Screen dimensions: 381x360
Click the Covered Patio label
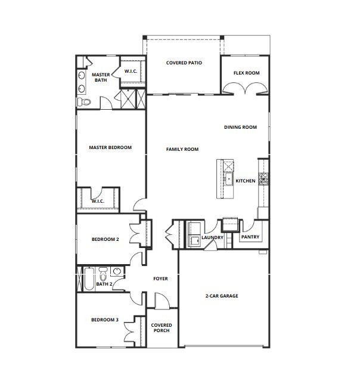184,63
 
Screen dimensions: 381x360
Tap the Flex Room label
246,73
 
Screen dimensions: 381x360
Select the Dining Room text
240,127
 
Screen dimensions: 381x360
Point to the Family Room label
182,149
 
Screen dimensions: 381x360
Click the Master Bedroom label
110,147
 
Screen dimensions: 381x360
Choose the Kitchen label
246,181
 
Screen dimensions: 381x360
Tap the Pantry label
249,237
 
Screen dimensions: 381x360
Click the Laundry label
212,238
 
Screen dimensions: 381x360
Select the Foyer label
160,278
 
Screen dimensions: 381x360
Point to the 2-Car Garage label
222,296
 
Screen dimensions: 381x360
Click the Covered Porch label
161,328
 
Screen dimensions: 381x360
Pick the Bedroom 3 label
105,320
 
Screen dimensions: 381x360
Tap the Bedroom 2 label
105,239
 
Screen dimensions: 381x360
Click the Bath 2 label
104,284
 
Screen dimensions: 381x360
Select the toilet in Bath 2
104,274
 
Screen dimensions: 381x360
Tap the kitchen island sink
227,178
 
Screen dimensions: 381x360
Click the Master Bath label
100,78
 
